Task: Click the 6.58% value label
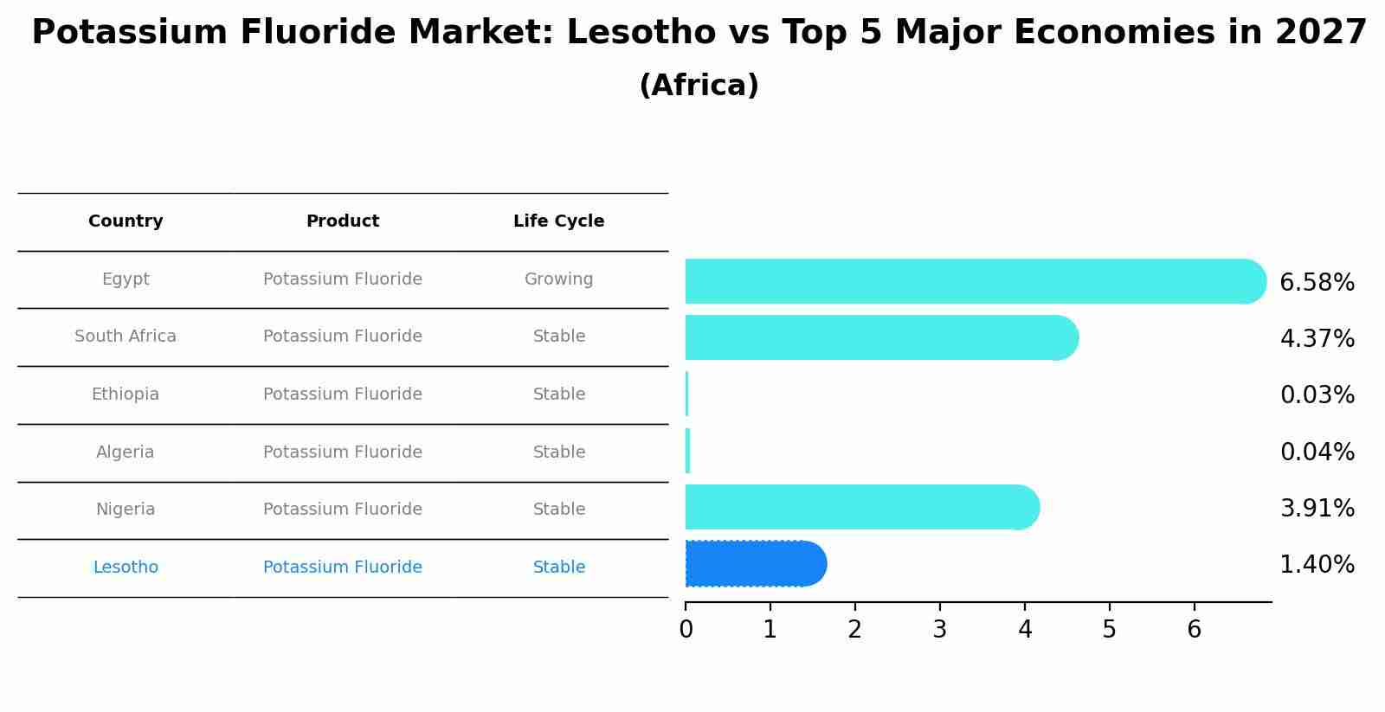1317,283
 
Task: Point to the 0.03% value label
1317,395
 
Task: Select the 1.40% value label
1317,565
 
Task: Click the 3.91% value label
1317,509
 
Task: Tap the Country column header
126,221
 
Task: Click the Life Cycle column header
558,221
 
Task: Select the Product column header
343,221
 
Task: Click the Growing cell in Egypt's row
558,279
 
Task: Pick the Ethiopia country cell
126,394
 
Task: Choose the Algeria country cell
126,452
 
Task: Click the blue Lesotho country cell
126,568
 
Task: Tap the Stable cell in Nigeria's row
558,510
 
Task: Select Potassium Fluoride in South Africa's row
343,337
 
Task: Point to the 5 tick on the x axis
1109,630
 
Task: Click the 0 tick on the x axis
686,630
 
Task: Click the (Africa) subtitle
699,86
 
